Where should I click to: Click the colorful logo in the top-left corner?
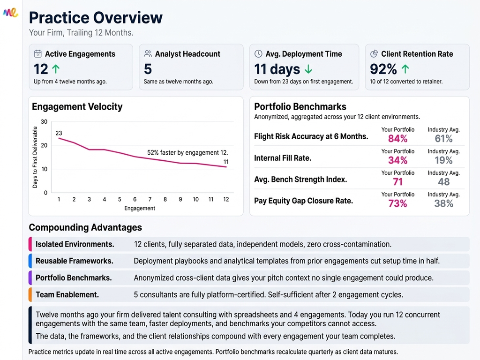[x=10, y=13]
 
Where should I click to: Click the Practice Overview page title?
[x=96, y=18]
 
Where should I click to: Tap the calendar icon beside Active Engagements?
[x=38, y=54]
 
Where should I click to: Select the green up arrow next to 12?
[x=56, y=69]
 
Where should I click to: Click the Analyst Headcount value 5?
[x=148, y=69]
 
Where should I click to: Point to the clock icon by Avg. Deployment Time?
[x=258, y=54]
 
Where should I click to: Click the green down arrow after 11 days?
[x=308, y=69]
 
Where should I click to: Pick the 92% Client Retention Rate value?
[x=383, y=69]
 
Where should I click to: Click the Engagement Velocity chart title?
[x=77, y=107]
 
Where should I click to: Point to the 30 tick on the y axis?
[x=45, y=122]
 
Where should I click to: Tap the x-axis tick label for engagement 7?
[x=150, y=199]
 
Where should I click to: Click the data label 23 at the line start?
[x=59, y=133]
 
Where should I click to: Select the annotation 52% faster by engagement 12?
[x=187, y=153]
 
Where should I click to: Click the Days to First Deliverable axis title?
[x=35, y=157]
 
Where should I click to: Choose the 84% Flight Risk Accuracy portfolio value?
[x=397, y=139]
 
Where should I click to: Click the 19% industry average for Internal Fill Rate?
[x=443, y=160]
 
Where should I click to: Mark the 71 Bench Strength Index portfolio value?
[x=397, y=182]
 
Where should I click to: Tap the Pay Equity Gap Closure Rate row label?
[x=303, y=201]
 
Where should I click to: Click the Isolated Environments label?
[x=75, y=244]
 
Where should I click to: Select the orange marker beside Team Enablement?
[x=30, y=295]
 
